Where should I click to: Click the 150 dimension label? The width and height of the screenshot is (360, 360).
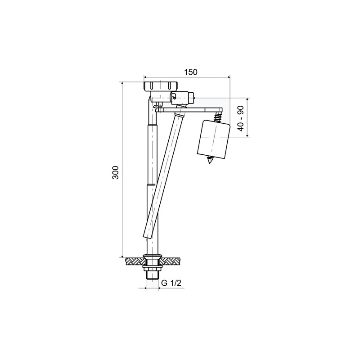[190, 72]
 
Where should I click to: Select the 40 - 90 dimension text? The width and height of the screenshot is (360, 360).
[241, 118]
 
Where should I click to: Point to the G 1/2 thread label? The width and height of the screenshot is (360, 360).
[171, 283]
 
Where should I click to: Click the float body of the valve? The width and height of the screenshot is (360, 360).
[213, 140]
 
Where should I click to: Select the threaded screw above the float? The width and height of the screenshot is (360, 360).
[217, 117]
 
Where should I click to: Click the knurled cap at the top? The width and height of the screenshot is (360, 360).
[161, 86]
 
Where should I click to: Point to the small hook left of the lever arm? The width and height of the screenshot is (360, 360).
[156, 107]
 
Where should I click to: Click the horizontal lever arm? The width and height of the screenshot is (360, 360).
[190, 110]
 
